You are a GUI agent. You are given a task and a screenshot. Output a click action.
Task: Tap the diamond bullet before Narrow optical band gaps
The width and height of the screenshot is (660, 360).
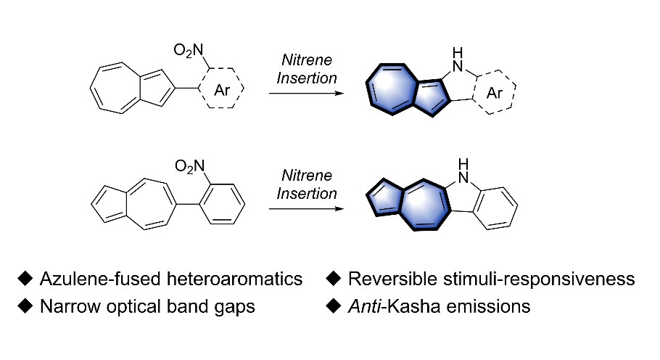tap(26, 306)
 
